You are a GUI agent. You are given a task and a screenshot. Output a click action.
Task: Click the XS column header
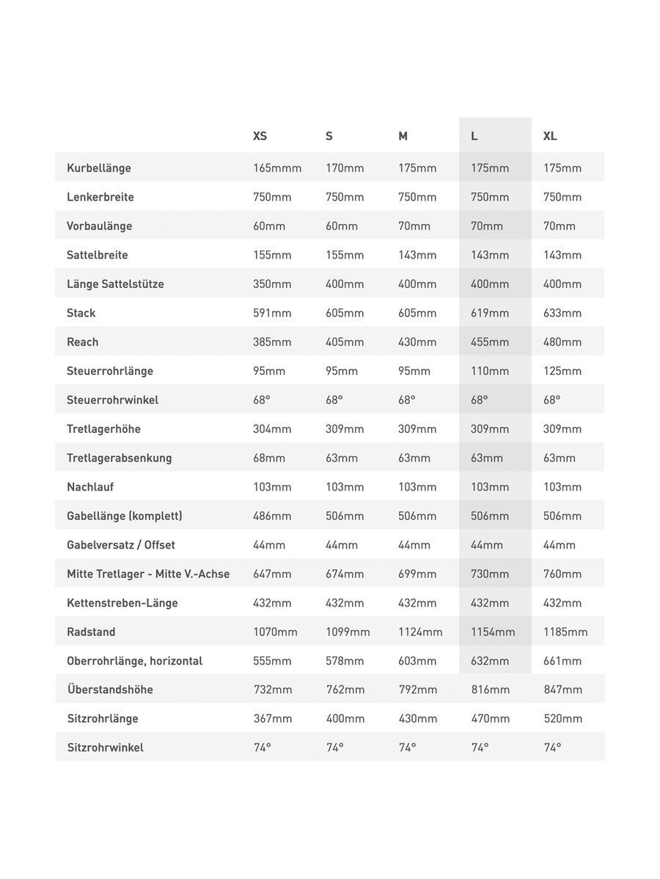(x=260, y=136)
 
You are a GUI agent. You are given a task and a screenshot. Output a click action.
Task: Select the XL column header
(x=550, y=136)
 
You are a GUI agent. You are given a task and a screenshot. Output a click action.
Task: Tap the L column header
(x=474, y=136)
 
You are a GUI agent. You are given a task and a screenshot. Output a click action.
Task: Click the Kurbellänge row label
(x=99, y=168)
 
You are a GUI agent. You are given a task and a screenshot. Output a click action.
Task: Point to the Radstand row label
(x=91, y=631)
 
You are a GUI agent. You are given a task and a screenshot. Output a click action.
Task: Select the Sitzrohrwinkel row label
(x=106, y=747)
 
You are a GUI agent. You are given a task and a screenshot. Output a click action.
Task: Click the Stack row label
(x=81, y=313)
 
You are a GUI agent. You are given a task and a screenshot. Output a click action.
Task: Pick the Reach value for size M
(x=417, y=342)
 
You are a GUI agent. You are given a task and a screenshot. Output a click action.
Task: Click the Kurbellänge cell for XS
(x=277, y=168)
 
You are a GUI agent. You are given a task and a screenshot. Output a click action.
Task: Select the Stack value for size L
(x=490, y=313)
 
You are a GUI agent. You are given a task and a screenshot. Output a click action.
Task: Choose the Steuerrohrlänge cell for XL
(x=562, y=371)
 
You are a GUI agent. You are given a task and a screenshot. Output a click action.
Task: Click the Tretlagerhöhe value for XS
(x=272, y=429)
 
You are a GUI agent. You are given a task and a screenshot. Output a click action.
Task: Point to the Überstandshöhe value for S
(x=345, y=689)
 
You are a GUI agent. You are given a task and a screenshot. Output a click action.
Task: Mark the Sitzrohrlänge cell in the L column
(x=491, y=719)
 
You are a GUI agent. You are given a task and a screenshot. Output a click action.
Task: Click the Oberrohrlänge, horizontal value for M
(x=417, y=661)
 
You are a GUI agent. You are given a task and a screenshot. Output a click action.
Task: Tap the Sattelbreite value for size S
(x=345, y=255)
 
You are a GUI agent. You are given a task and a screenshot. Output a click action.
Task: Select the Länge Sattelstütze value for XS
(x=272, y=283)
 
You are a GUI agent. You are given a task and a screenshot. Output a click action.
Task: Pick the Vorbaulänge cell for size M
(x=414, y=226)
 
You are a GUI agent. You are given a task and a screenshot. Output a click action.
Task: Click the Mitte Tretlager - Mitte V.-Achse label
(x=148, y=574)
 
